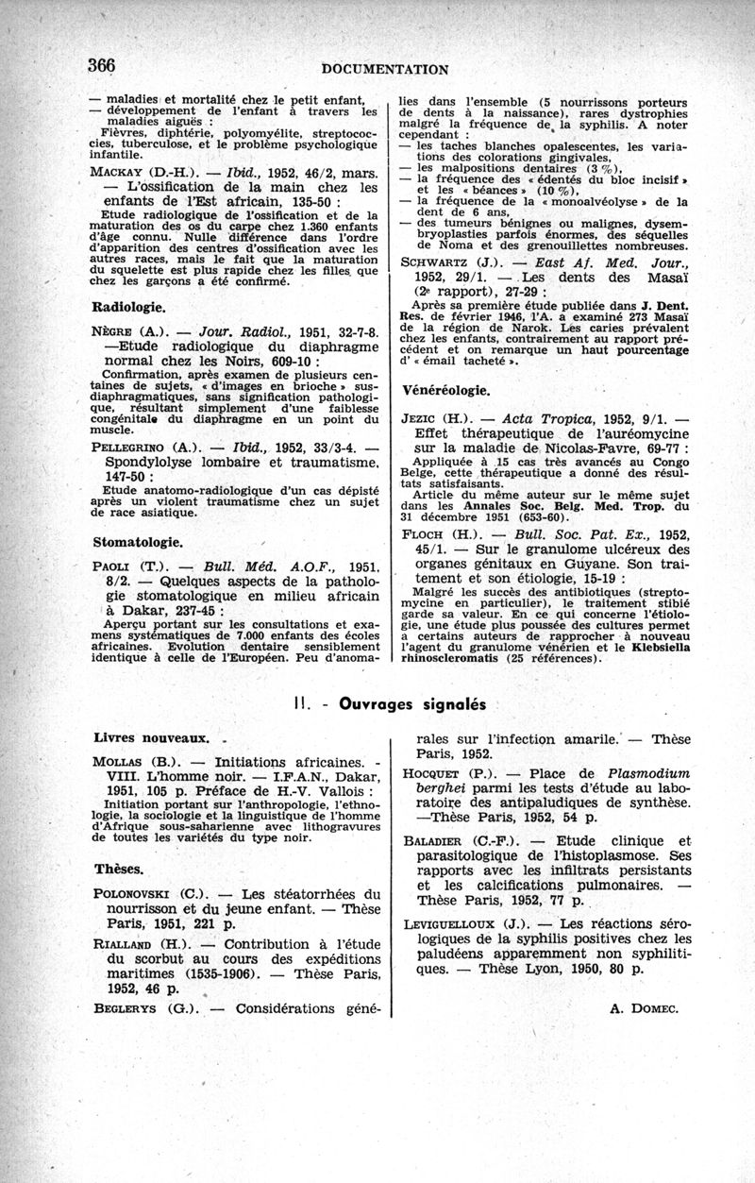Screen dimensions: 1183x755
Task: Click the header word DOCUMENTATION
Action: coord(384,68)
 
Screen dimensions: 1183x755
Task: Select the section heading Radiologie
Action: coord(129,307)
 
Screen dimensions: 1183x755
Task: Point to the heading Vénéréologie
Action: coord(445,389)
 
